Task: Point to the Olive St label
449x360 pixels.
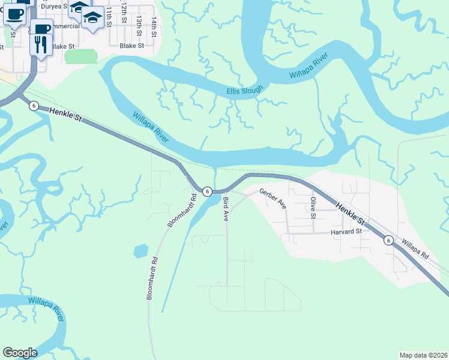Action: point(313,208)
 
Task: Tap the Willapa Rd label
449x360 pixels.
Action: point(415,247)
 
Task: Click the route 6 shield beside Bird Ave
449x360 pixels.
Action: point(206,191)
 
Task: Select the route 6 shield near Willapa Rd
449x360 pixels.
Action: point(388,240)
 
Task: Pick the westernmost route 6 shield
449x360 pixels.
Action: point(34,106)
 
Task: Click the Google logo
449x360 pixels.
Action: point(20,353)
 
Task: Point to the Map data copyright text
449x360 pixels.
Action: point(423,355)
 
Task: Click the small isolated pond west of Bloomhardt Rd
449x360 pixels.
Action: point(140,250)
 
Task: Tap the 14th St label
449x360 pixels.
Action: point(154,28)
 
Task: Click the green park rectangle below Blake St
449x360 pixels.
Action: point(81,56)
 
